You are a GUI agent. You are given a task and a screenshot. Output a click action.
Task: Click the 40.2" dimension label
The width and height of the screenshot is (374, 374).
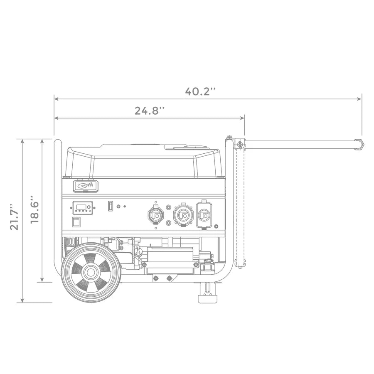(200, 91)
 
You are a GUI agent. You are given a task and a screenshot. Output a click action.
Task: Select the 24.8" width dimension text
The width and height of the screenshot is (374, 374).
(150, 111)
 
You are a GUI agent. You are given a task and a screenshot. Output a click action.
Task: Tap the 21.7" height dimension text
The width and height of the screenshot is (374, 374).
(14, 217)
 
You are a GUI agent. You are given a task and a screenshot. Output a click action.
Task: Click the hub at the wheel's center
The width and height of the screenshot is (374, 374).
(91, 272)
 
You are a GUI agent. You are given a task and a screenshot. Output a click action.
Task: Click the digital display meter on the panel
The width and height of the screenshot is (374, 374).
(83, 208)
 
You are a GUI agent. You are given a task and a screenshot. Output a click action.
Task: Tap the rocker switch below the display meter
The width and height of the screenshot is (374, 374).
(76, 222)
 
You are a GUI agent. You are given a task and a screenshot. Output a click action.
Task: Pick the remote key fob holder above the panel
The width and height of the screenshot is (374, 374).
(86, 186)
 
